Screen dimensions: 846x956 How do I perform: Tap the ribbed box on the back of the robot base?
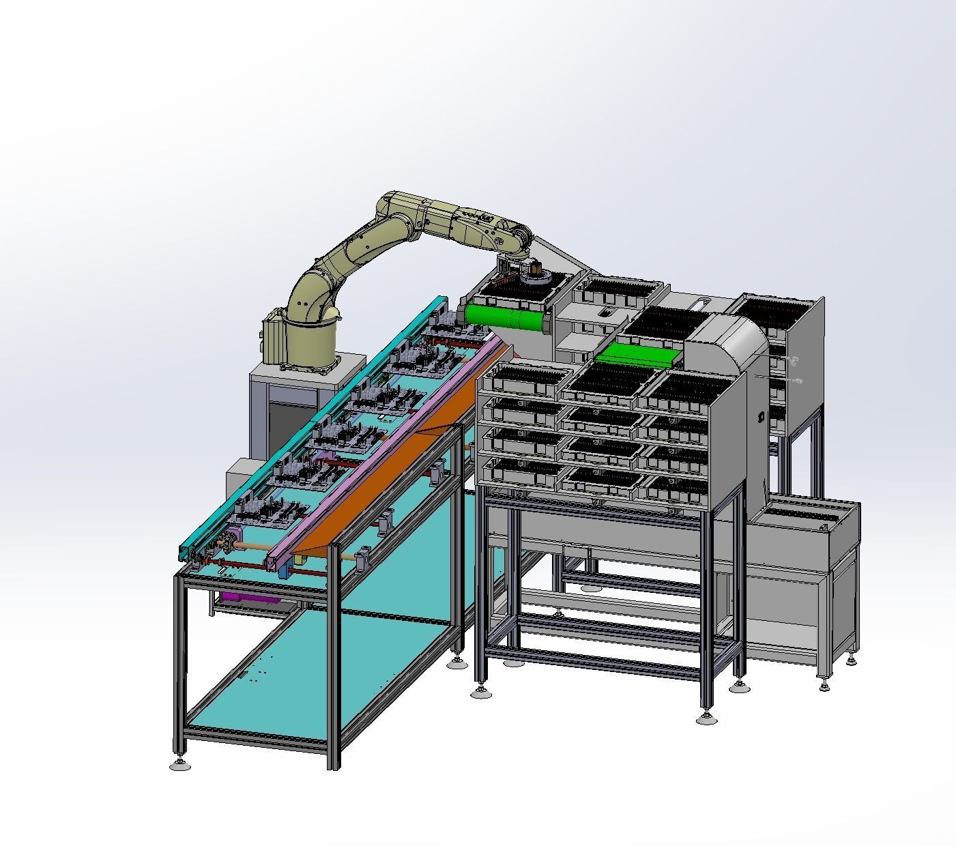(x=273, y=338)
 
